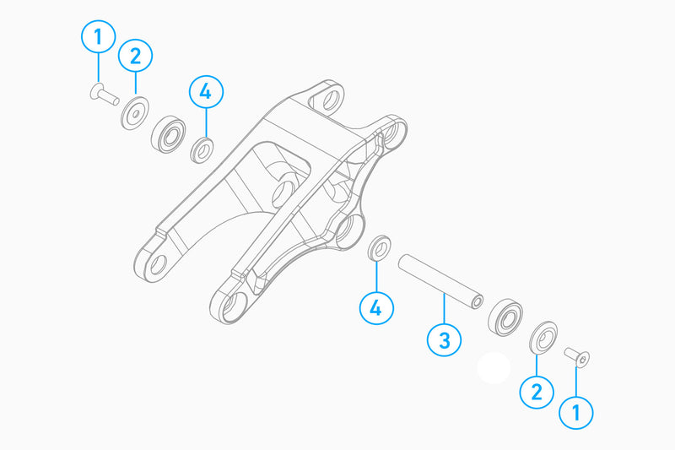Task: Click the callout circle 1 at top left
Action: (99, 37)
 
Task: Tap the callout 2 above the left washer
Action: (135, 57)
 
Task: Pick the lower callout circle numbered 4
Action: (376, 308)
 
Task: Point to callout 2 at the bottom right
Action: (537, 390)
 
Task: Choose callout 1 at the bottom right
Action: (577, 412)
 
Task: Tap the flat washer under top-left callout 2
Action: (135, 112)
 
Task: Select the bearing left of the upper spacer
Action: (170, 133)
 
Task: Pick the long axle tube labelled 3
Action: (440, 277)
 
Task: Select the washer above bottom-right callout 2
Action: (543, 337)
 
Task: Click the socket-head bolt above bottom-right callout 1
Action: (577, 357)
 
